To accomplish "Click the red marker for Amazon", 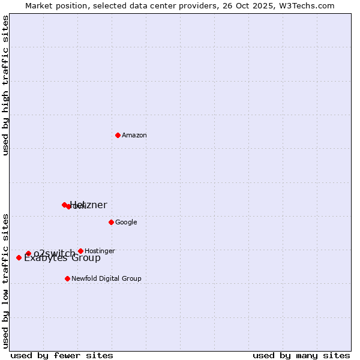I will (x=118, y=135).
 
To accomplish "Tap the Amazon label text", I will (x=134, y=136).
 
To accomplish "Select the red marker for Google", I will (x=111, y=222).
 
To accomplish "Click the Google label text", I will (x=126, y=223).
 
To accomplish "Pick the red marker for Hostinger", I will (x=80, y=251).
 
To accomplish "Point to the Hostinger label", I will (x=100, y=251).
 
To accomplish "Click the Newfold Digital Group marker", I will (x=67, y=278).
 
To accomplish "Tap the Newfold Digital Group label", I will (x=106, y=279).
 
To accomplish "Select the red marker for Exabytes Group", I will (x=19, y=257).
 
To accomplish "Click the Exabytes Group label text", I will (x=62, y=258).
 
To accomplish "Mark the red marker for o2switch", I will (x=28, y=253).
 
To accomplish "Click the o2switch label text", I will (x=54, y=253).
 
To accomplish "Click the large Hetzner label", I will (x=89, y=205).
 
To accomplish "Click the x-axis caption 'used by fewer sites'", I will (x=62, y=355).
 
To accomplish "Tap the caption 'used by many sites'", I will (x=301, y=355).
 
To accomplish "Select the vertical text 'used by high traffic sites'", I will (x=5, y=85).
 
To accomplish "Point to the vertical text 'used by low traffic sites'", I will (x=5, y=280).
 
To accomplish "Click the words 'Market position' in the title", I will (x=53, y=5).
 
